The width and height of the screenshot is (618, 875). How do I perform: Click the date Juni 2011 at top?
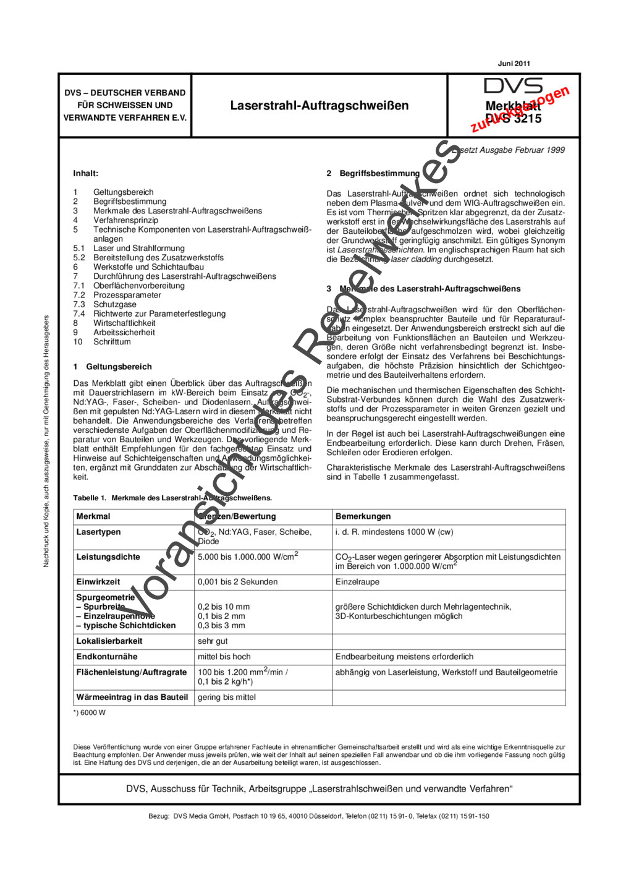(x=514, y=63)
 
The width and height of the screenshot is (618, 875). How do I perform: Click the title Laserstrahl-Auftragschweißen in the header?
(x=319, y=106)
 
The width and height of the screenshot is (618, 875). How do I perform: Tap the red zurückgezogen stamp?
(x=520, y=109)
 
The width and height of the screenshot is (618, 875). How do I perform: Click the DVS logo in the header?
(x=513, y=86)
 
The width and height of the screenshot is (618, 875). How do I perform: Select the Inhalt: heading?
(x=85, y=174)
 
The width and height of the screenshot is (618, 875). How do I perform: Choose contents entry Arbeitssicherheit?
(x=124, y=332)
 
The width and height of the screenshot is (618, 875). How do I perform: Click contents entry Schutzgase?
(x=114, y=304)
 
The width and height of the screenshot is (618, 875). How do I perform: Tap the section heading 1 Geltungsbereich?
(x=112, y=367)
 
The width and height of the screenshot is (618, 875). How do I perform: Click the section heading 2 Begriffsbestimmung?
(x=373, y=174)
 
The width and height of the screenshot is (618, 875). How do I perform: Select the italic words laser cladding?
(x=416, y=260)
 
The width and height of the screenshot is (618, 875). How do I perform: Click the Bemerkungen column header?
(x=363, y=516)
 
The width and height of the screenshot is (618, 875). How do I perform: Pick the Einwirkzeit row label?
(x=98, y=582)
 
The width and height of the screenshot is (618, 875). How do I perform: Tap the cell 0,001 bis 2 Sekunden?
(x=237, y=582)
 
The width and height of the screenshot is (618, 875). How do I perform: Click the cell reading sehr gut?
(x=213, y=641)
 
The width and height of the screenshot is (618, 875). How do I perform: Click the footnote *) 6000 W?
(x=89, y=712)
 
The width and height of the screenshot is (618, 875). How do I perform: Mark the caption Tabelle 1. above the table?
(x=90, y=498)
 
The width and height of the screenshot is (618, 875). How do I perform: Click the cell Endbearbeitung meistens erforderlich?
(x=404, y=657)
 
